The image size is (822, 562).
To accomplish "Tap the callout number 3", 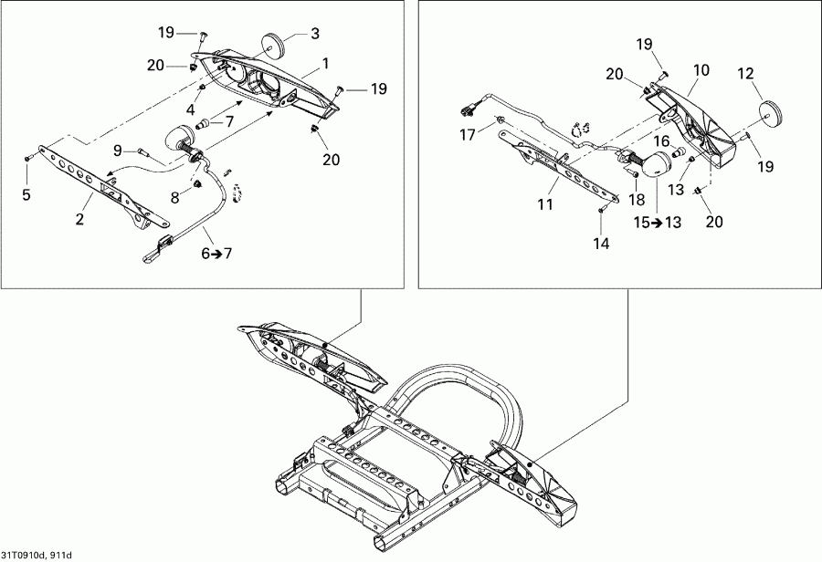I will coord(314,34).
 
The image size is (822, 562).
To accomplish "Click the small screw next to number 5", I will coord(27,160).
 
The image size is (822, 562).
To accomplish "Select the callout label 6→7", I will coord(216,253).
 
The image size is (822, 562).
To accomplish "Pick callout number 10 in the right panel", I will coord(701,69).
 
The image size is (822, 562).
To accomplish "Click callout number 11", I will coord(545,206).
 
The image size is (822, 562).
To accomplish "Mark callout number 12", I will coord(745,73).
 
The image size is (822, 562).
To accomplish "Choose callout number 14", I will coord(598,244).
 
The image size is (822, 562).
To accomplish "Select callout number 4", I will coord(191,109).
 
